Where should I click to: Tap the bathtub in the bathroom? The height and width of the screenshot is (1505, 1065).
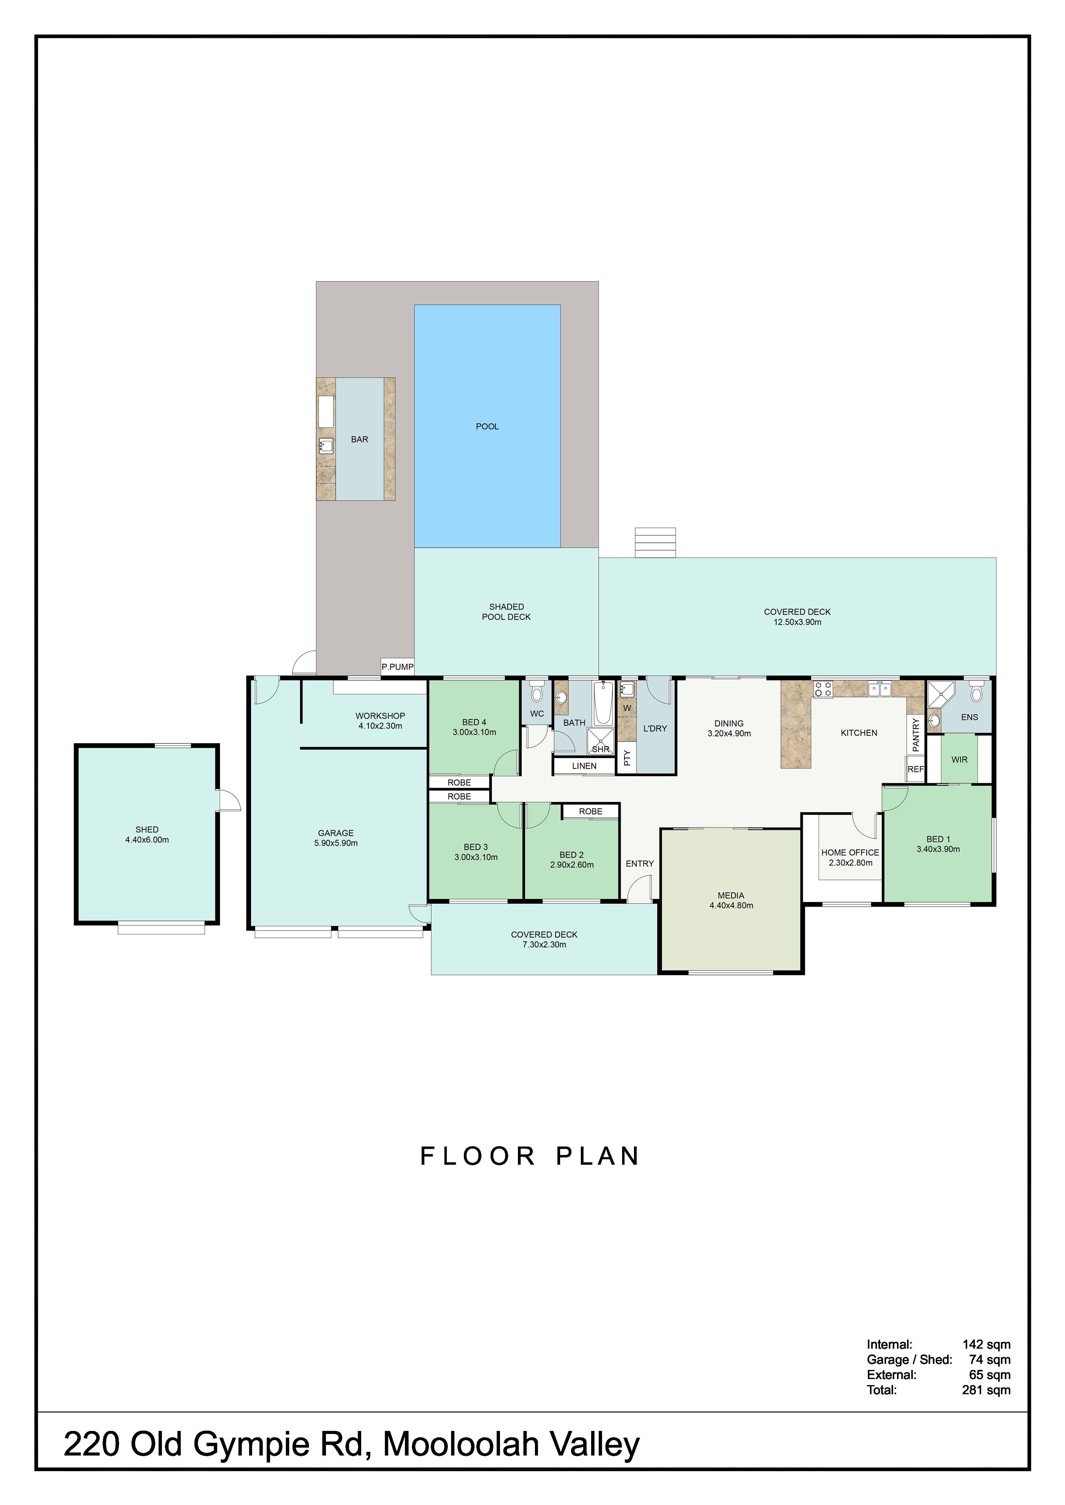pos(603,703)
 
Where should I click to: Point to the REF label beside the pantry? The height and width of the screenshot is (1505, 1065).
pos(916,769)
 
